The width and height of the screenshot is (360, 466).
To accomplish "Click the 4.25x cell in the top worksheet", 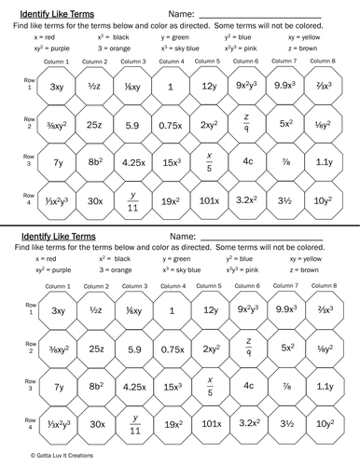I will (x=133, y=159).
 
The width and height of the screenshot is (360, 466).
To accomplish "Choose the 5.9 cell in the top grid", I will (x=133, y=123).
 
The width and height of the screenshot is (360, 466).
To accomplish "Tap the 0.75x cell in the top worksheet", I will (x=172, y=123).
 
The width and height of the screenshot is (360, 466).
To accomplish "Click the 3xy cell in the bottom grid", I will (x=57, y=309).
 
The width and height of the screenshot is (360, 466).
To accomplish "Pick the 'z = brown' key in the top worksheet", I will (x=313, y=47).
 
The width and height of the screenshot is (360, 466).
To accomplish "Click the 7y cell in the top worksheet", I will (x=57, y=159).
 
